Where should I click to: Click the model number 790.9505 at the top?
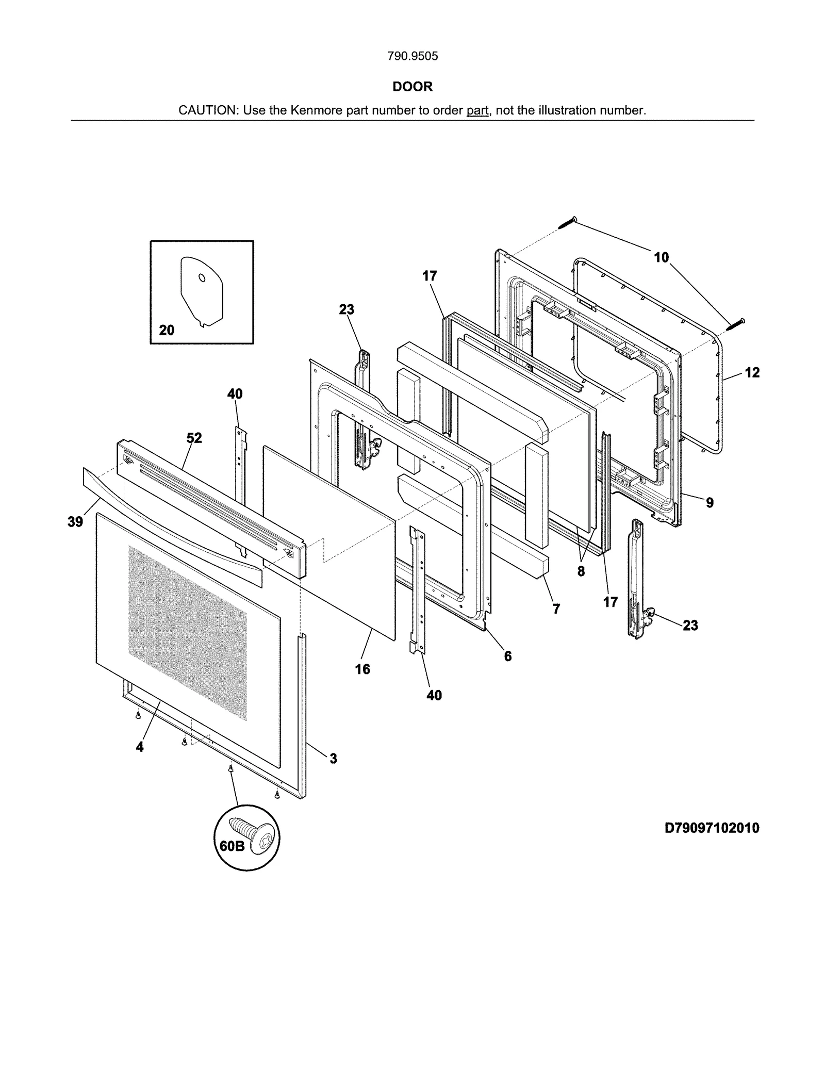click(412, 56)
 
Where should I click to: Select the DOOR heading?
click(412, 87)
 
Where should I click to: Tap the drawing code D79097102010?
click(712, 828)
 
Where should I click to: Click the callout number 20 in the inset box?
click(167, 330)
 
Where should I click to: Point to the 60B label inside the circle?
click(232, 846)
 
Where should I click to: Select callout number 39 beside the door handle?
click(75, 522)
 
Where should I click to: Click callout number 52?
click(194, 438)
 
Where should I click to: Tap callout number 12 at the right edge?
click(752, 372)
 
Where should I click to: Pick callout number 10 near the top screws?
click(661, 257)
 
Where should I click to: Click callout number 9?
click(710, 502)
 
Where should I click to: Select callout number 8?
click(581, 571)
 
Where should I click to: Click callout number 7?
click(556, 609)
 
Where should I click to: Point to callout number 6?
click(508, 656)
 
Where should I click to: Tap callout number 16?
click(362, 669)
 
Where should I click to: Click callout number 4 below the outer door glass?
click(140, 747)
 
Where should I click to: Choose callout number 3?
click(334, 759)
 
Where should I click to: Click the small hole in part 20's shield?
click(202, 278)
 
